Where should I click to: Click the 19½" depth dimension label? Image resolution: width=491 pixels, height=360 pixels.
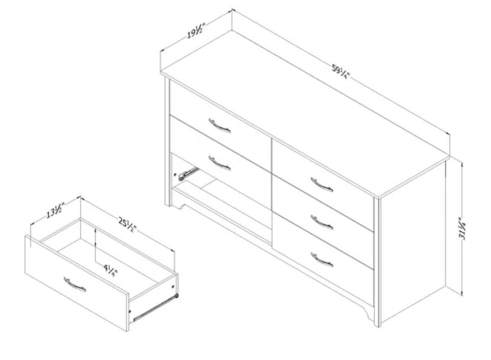[195, 32]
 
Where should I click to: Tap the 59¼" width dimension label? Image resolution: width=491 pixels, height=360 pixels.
[340, 71]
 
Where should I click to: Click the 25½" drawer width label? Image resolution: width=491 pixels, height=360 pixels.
[127, 225]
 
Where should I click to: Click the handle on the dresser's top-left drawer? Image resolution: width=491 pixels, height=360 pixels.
[219, 125]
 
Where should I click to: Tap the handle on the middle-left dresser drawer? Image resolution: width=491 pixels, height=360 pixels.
[219, 163]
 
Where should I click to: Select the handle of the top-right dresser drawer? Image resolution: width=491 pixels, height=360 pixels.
[322, 184]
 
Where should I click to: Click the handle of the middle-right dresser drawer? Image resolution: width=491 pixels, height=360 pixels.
[322, 222]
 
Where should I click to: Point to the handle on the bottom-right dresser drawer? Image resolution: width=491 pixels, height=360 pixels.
[322, 260]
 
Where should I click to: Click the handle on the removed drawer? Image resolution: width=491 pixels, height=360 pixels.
[75, 284]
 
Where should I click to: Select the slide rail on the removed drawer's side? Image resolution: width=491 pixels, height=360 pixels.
[155, 308]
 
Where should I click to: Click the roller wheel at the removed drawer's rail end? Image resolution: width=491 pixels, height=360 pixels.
[176, 296]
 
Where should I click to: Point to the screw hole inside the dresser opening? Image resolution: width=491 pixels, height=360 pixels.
[175, 175]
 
